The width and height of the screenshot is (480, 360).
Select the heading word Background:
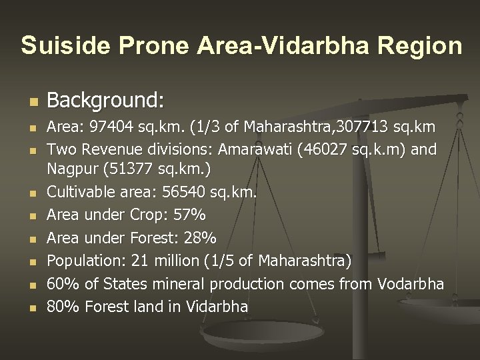105,101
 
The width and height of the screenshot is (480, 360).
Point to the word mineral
179,284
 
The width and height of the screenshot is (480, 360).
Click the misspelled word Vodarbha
410,284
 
